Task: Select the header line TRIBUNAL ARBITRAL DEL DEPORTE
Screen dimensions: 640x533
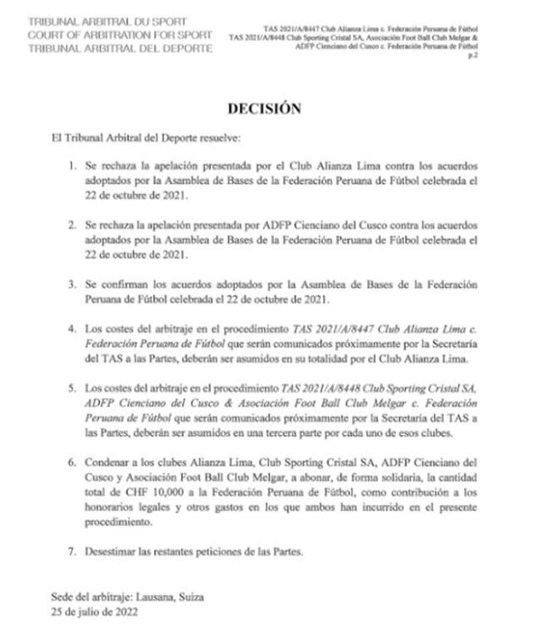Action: tap(120, 48)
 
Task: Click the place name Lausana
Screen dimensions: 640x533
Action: tap(167, 598)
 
